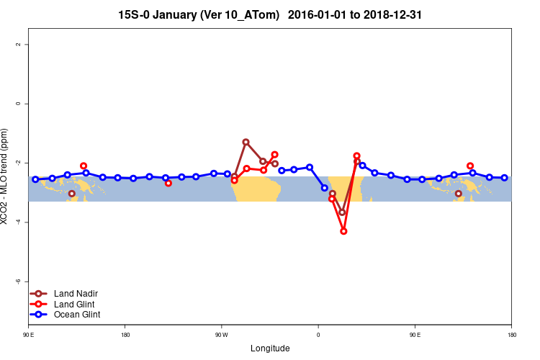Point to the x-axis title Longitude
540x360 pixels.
coord(270,348)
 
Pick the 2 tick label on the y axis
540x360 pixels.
coord(19,45)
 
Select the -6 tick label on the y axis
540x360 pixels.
coord(19,282)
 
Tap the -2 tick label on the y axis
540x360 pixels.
coord(19,163)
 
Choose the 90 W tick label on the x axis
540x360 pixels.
coord(221,335)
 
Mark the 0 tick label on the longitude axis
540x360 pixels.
coord(318,335)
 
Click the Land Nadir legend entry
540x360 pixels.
coord(76,294)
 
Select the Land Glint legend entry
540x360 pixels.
coord(75,304)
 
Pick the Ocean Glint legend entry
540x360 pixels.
coord(77,315)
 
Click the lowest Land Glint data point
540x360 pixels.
coord(343,231)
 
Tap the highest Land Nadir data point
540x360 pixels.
coord(246,142)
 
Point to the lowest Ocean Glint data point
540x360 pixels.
coord(325,188)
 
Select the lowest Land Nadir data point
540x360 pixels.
coord(343,212)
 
